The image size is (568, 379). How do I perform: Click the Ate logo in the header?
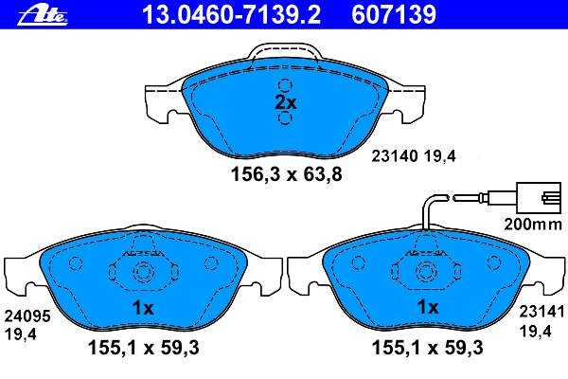(x=43, y=15)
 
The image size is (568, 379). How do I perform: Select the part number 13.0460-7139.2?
(x=231, y=15)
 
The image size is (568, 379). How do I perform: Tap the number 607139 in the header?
(x=394, y=15)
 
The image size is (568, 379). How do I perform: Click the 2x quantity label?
(x=286, y=102)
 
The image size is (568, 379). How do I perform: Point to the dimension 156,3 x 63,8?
(x=287, y=174)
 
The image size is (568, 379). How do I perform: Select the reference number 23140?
(x=395, y=156)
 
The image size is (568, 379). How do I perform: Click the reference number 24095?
(x=27, y=316)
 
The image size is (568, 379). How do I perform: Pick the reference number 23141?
(x=541, y=312)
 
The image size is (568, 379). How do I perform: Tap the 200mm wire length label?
(x=533, y=225)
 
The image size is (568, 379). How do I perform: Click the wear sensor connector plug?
(x=541, y=198)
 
